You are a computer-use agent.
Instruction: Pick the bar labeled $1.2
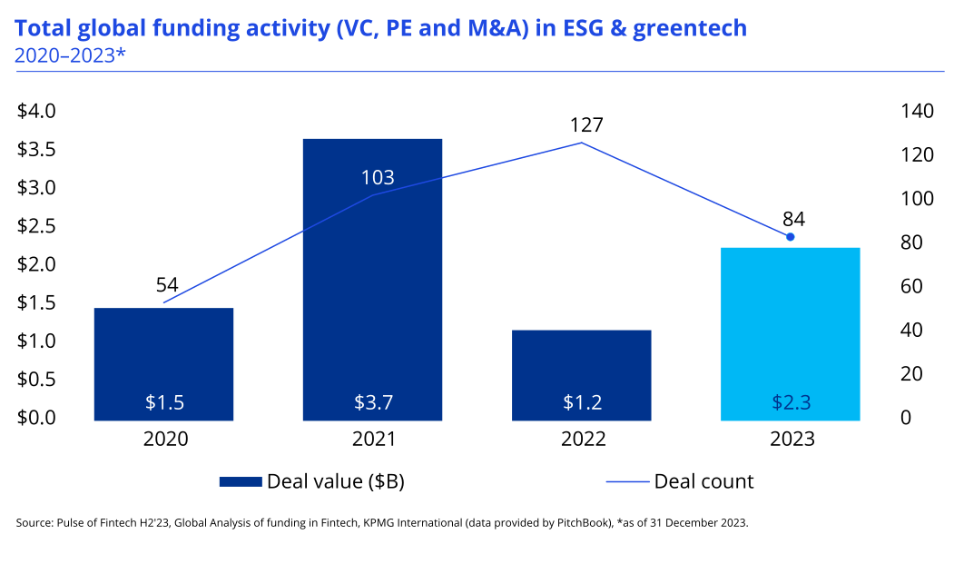click(581, 363)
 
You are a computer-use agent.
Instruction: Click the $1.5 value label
click(164, 402)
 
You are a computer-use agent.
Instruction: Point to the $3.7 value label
click(373, 402)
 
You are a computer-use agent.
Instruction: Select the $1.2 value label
click(582, 402)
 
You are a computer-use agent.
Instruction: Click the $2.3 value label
click(791, 402)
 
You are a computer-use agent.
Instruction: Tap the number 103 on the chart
click(378, 178)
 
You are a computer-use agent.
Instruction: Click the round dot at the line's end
click(790, 237)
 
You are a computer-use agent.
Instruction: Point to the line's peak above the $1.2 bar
click(581, 143)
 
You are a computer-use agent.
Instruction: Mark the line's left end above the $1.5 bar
click(164, 302)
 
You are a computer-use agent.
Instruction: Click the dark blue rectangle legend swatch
click(241, 481)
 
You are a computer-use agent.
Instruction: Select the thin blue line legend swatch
click(628, 481)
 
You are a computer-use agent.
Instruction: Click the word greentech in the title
click(689, 28)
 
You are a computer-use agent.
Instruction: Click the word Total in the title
click(42, 28)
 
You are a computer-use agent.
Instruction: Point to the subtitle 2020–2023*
click(70, 54)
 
